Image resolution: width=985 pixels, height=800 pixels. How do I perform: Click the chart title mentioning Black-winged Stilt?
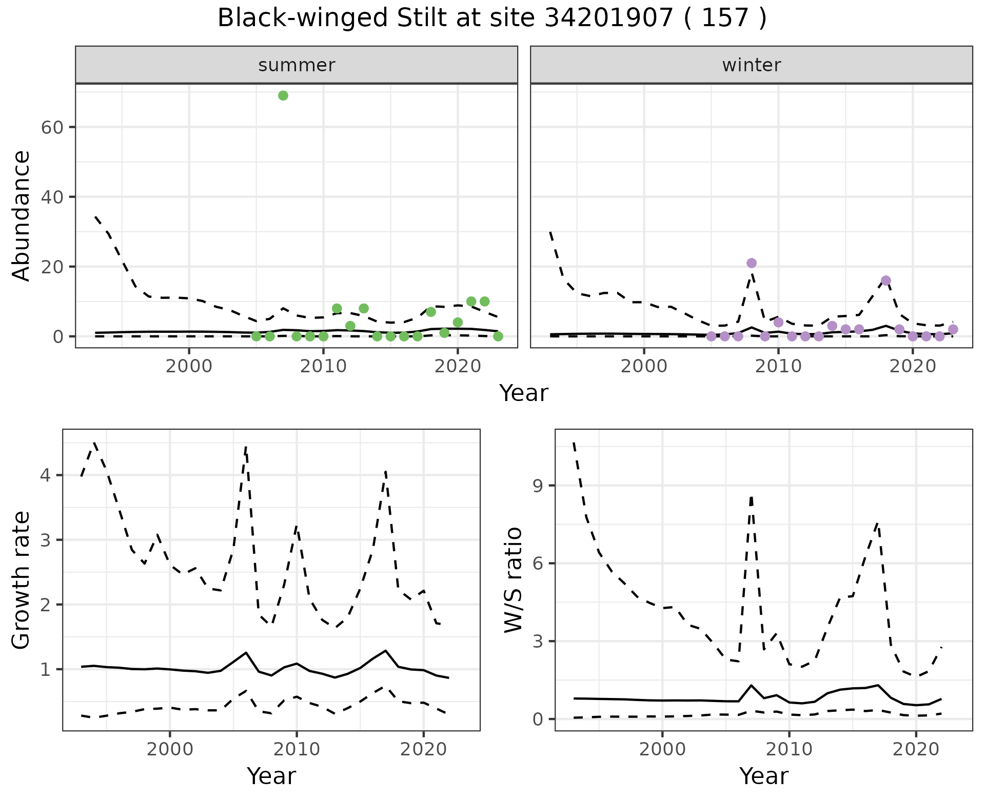tap(492, 18)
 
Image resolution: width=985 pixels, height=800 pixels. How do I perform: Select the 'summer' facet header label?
tap(297, 65)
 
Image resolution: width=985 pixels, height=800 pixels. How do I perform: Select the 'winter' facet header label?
tap(751, 65)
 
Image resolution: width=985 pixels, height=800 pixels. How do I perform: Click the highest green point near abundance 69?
tap(283, 96)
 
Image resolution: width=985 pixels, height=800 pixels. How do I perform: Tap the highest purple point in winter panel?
tap(752, 263)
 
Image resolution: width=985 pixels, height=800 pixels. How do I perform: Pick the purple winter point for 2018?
tap(886, 281)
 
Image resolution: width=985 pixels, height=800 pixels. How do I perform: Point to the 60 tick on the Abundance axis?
tap(51, 127)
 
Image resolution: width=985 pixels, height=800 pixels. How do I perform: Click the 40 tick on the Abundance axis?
tap(51, 197)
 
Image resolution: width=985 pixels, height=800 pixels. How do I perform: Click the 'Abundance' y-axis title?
tap(22, 215)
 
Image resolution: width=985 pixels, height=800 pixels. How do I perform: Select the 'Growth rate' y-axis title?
tap(22, 580)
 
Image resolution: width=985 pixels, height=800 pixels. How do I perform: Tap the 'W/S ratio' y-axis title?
tap(514, 580)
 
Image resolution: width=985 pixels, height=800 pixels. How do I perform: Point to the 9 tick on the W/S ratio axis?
tap(537, 486)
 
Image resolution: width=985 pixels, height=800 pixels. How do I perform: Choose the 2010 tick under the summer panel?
tap(323, 367)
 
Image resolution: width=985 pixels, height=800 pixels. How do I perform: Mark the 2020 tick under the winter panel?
tap(913, 367)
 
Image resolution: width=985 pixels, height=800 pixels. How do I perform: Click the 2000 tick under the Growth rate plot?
tap(170, 749)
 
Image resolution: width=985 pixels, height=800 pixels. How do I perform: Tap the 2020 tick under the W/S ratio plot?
tap(916, 749)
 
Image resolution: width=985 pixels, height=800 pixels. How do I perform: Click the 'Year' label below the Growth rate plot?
tap(271, 776)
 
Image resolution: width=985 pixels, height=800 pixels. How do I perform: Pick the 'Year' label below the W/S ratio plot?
tap(764, 776)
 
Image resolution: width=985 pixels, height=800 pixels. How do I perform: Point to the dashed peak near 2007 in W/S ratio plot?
tap(751, 496)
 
